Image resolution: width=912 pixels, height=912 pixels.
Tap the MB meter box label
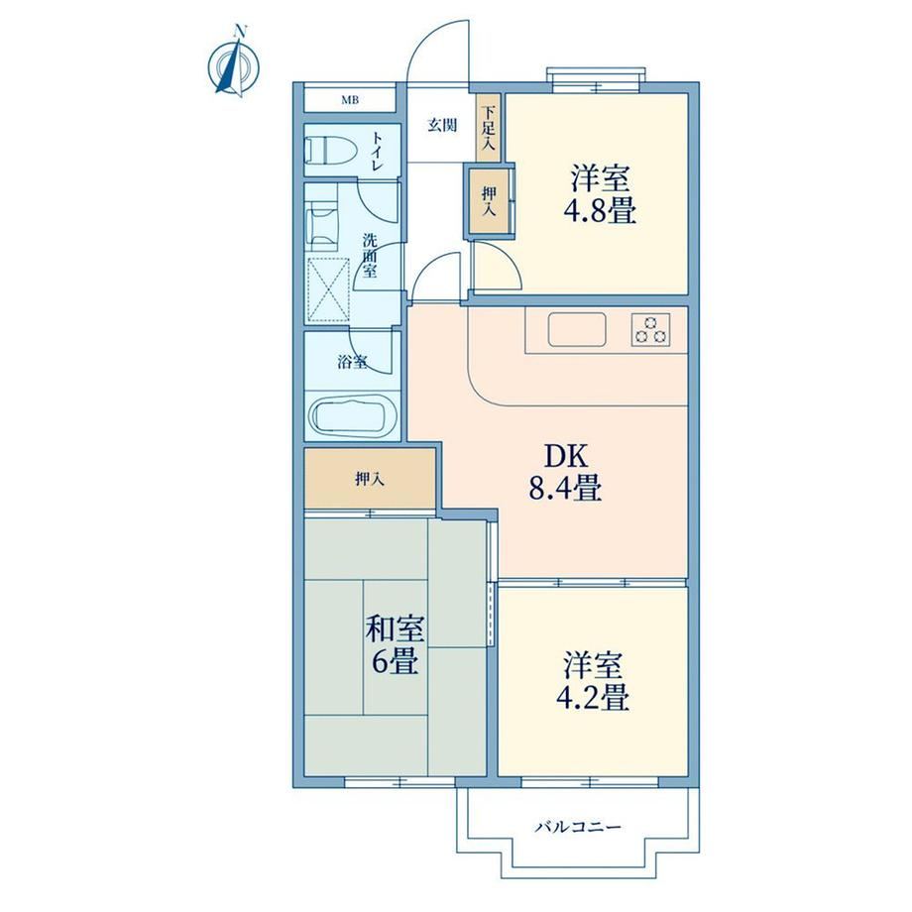click(x=350, y=100)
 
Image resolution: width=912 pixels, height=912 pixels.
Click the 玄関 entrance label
click(x=442, y=125)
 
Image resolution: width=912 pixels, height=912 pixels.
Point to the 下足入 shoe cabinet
click(x=488, y=127)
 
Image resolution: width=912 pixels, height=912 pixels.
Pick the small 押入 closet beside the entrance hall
click(x=489, y=201)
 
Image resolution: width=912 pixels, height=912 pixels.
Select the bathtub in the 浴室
click(x=353, y=417)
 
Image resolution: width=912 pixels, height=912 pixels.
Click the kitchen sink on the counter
click(x=577, y=329)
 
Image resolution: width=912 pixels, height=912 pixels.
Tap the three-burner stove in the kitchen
click(x=651, y=329)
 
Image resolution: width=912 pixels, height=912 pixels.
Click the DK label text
click(x=566, y=457)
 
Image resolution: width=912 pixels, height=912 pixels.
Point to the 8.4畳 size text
click(x=565, y=488)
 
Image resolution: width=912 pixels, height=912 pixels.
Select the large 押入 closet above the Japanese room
click(x=370, y=479)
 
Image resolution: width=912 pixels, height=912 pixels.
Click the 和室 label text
click(x=395, y=628)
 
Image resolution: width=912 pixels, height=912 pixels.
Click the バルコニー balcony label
click(x=578, y=827)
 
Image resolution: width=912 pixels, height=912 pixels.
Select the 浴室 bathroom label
click(x=353, y=362)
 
